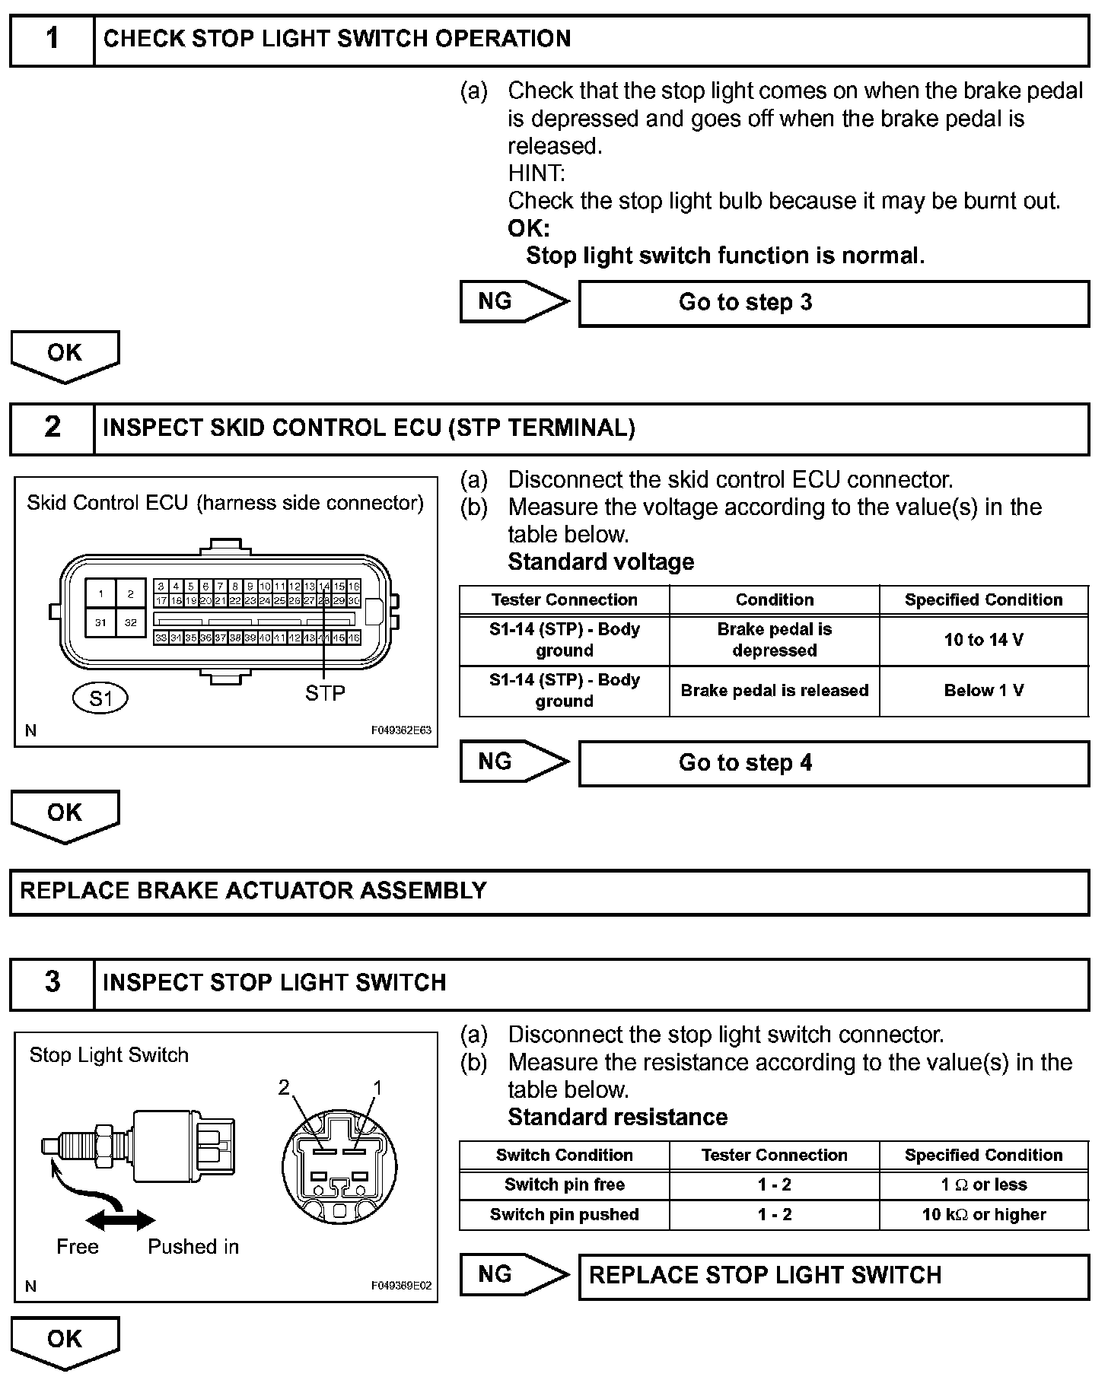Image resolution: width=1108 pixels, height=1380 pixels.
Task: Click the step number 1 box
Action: [x=52, y=40]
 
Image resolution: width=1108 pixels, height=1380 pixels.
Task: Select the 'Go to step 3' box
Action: [x=833, y=303]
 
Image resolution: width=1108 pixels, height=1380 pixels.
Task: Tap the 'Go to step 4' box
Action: [x=833, y=763]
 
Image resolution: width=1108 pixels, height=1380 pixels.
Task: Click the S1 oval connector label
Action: [x=100, y=698]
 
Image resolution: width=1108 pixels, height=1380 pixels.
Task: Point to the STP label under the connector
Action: [x=325, y=693]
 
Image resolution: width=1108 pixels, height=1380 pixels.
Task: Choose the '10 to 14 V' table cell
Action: [x=983, y=640]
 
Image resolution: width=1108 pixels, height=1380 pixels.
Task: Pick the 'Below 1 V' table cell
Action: [x=983, y=691]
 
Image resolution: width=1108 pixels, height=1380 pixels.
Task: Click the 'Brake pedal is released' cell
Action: [x=774, y=691]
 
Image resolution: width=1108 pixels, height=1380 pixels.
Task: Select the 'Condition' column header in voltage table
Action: [x=774, y=599]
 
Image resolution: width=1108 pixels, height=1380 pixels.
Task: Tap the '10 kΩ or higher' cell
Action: [x=983, y=1214]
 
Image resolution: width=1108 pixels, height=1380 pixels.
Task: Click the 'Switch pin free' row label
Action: [x=564, y=1184]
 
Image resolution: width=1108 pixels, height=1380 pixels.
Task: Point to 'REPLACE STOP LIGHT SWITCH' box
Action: [x=833, y=1276]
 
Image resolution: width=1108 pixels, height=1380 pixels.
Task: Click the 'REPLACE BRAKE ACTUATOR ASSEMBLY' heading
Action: [x=253, y=891]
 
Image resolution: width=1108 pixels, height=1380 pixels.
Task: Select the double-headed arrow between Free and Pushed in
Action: [x=120, y=1221]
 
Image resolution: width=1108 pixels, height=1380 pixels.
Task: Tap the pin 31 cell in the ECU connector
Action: [x=100, y=622]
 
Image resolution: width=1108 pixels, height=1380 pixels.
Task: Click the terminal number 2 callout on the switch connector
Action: [x=284, y=1088]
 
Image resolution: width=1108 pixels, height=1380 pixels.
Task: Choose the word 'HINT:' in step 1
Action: [x=536, y=173]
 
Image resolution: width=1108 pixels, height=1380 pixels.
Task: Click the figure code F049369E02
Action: [x=401, y=1286]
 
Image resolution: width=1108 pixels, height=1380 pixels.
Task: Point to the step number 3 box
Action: [x=52, y=983]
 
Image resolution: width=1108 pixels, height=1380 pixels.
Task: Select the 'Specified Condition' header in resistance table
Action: [x=983, y=1155]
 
